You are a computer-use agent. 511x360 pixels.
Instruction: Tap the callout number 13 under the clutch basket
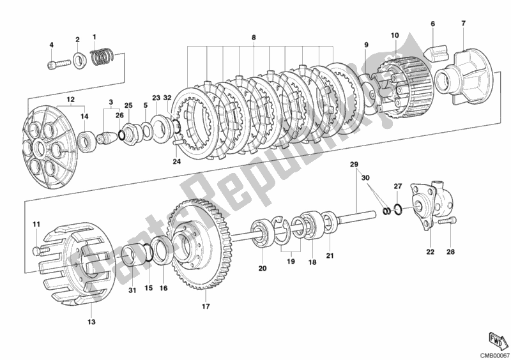click(91, 322)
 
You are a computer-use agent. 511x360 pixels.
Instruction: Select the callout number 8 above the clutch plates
click(253, 38)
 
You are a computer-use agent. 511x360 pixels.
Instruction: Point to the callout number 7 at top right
click(463, 24)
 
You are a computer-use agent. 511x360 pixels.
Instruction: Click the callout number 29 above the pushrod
click(353, 165)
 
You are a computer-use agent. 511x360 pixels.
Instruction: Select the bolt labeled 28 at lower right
click(446, 223)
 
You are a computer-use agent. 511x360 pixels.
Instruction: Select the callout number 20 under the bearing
click(262, 269)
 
